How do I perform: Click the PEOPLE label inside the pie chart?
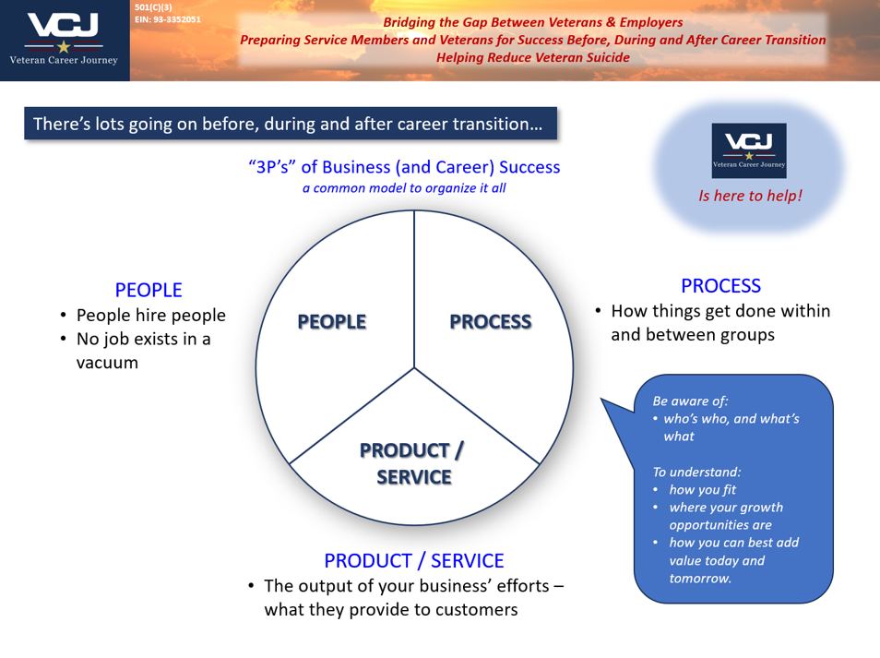point(331,322)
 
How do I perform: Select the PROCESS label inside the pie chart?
point(490,322)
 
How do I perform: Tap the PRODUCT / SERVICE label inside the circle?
point(412,463)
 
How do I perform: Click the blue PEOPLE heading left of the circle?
point(149,290)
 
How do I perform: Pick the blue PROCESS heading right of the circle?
point(720,286)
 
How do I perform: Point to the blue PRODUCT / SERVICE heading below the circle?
point(413,560)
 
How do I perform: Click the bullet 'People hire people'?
point(150,316)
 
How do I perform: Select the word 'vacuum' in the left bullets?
point(107,362)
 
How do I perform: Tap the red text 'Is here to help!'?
point(750,196)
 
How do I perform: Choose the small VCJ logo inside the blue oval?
point(749,150)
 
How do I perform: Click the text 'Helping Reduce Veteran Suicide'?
point(533,57)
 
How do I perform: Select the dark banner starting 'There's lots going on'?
point(291,124)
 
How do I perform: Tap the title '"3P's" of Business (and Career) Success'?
point(404,167)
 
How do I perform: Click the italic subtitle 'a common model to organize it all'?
point(404,188)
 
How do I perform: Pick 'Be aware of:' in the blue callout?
point(690,401)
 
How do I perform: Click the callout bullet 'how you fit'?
point(702,489)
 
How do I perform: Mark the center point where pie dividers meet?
point(414,368)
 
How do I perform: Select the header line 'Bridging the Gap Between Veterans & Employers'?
point(533,22)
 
